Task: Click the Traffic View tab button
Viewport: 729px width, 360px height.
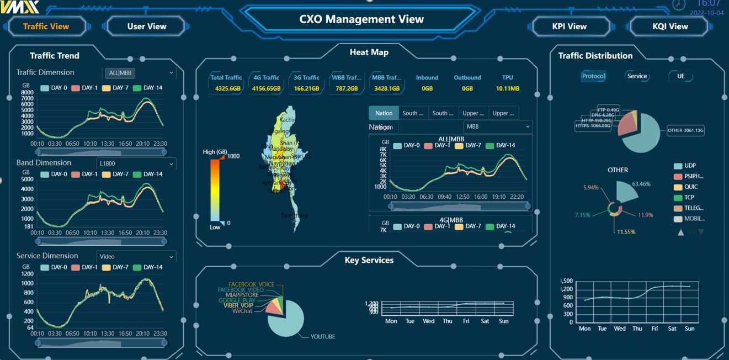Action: point(46,26)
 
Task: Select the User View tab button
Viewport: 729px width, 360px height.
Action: point(147,26)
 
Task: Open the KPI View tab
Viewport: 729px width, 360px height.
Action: point(570,26)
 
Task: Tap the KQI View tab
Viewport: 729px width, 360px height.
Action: point(670,26)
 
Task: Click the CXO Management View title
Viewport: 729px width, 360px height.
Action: point(361,19)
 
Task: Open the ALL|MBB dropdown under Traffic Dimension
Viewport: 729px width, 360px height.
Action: point(140,73)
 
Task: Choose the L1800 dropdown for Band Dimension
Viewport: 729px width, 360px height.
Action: point(136,164)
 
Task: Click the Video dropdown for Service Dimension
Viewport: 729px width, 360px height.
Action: point(136,257)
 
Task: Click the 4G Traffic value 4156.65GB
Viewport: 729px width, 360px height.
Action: point(266,88)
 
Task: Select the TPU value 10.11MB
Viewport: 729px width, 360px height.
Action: point(507,88)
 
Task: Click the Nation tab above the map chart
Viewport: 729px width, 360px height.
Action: point(384,113)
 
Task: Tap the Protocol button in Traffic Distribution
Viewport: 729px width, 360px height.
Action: point(594,76)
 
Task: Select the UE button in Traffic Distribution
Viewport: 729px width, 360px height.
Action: point(681,76)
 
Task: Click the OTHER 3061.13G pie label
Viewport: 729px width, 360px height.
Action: point(685,130)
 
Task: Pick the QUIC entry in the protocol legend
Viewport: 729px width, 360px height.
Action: point(691,187)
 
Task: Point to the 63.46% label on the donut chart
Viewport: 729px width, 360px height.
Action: point(641,184)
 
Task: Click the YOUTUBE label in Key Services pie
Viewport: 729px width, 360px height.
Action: point(322,336)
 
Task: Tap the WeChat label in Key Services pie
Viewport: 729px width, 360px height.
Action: point(242,311)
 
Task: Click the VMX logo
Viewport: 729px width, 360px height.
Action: point(20,7)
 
